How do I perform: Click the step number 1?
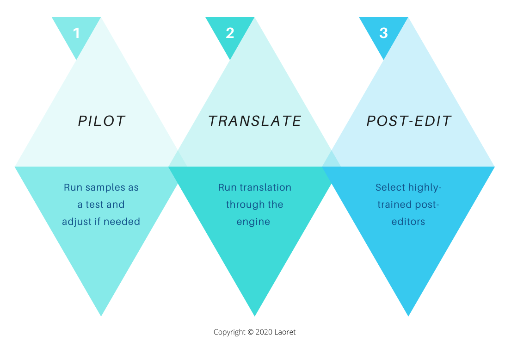[x=76, y=33]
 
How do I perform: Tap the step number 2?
[x=230, y=33]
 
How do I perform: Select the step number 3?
[x=383, y=33]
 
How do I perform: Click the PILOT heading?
[x=101, y=121]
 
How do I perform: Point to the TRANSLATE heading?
[x=255, y=121]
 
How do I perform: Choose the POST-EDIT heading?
[x=409, y=121]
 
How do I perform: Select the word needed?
[x=122, y=222]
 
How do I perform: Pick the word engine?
[x=253, y=222]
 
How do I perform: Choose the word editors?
[x=408, y=222]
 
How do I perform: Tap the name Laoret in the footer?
[x=285, y=332]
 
